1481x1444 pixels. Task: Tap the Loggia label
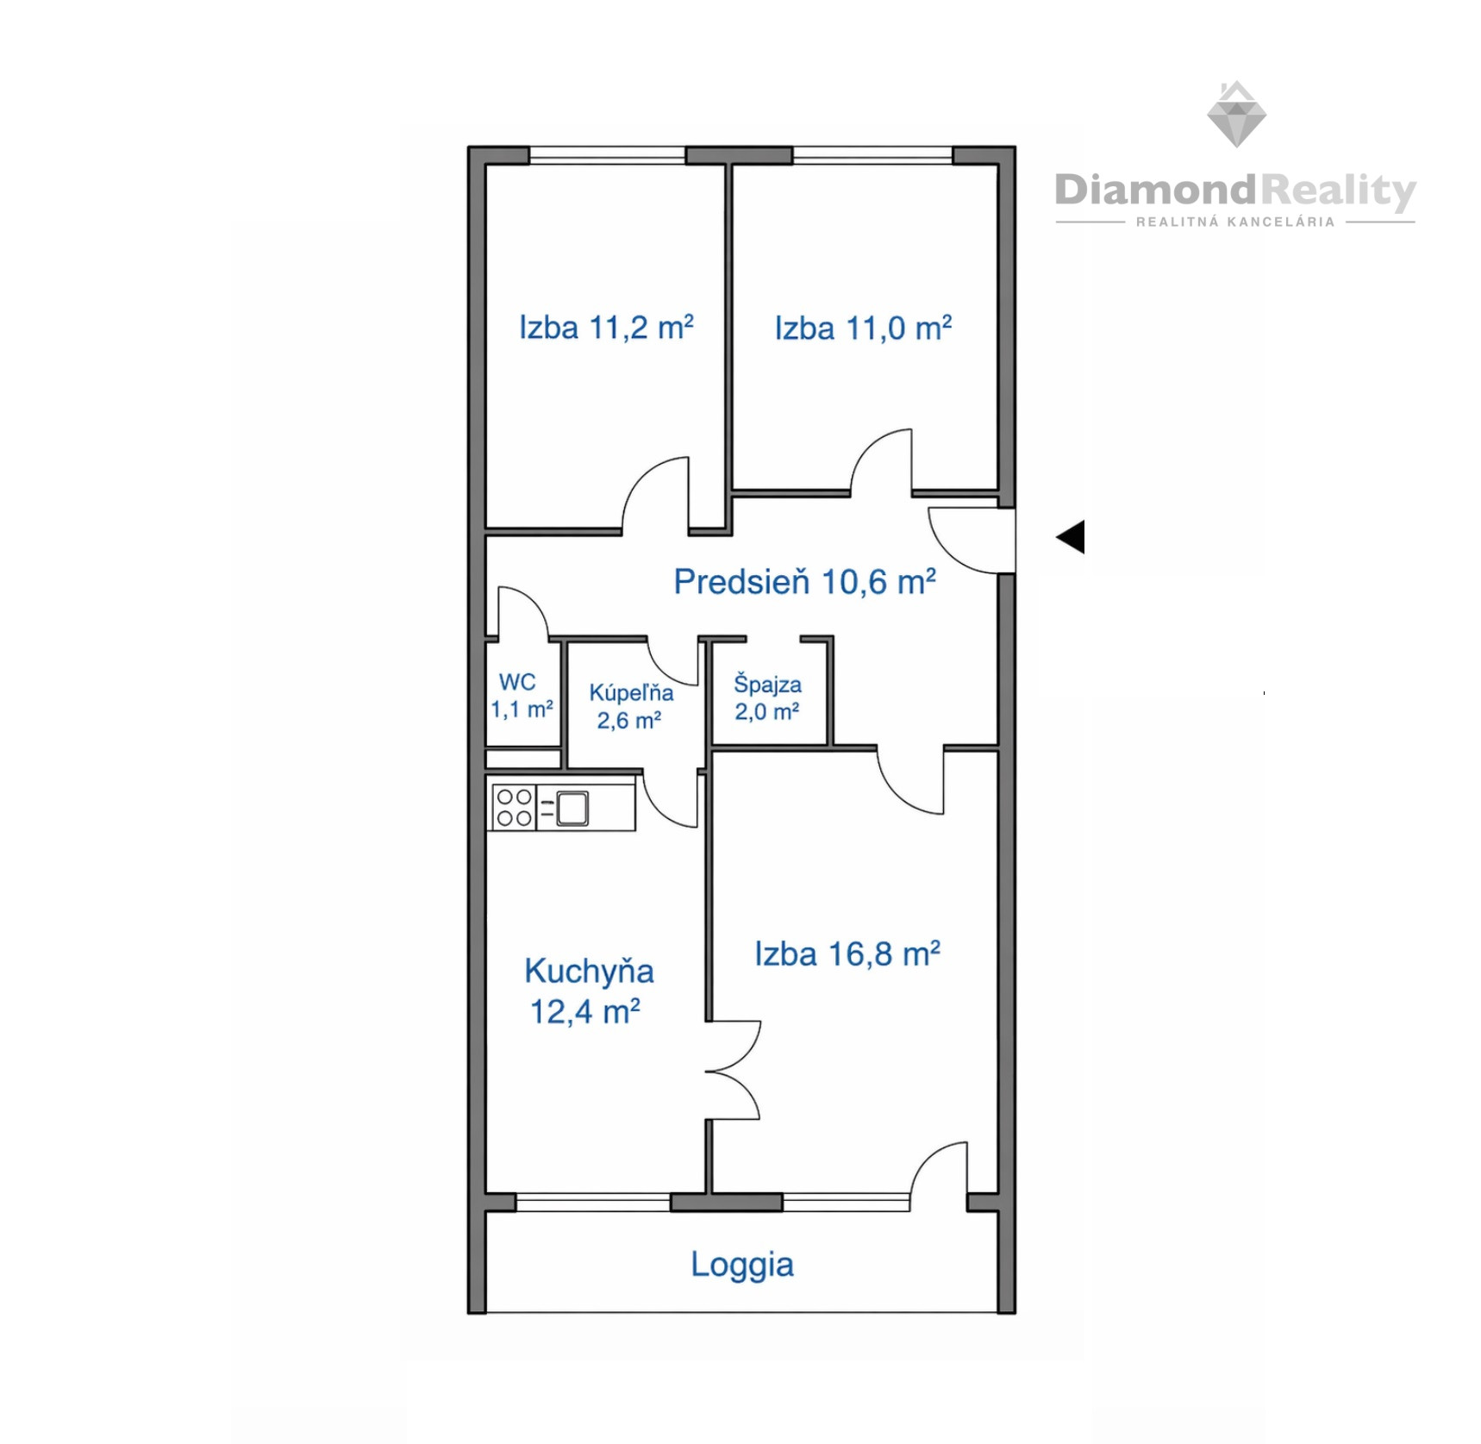pos(742,1265)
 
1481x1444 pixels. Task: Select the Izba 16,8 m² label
pos(847,953)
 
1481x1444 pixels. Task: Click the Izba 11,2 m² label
pos(606,327)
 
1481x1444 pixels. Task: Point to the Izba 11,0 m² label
pos(863,328)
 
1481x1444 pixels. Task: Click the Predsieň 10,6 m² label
pos(804,581)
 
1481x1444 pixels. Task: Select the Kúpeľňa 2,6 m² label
pos(631,706)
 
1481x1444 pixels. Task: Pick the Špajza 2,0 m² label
pos(767,697)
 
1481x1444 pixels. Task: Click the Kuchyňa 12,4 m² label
pos(589,991)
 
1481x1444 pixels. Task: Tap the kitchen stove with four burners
pos(514,807)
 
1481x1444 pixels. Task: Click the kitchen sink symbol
pos(572,808)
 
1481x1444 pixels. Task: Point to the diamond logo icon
pos(1236,114)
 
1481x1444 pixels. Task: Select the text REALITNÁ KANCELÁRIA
pos(1235,222)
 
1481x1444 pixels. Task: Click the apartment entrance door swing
pos(971,541)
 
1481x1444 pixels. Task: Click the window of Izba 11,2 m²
pos(607,155)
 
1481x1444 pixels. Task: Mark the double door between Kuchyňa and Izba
pos(733,1070)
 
